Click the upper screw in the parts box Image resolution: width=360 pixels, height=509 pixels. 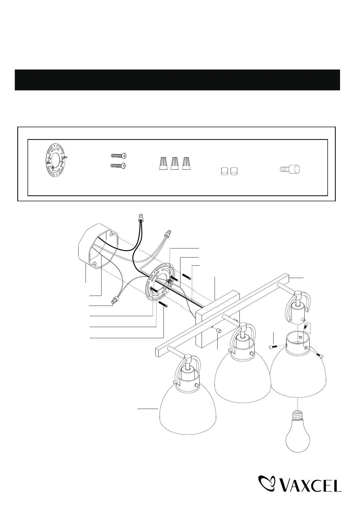tap(118, 156)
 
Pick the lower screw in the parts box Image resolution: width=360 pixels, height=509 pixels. tap(118, 166)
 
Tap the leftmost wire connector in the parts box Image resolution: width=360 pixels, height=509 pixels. tap(163, 163)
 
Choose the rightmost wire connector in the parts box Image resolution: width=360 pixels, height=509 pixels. tap(186, 163)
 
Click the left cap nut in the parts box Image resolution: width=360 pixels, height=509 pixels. tap(224, 171)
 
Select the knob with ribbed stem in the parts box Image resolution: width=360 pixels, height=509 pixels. tap(289, 170)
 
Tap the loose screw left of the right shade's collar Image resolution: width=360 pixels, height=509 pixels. tap(273, 347)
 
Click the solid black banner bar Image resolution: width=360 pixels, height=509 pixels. tap(177, 80)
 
